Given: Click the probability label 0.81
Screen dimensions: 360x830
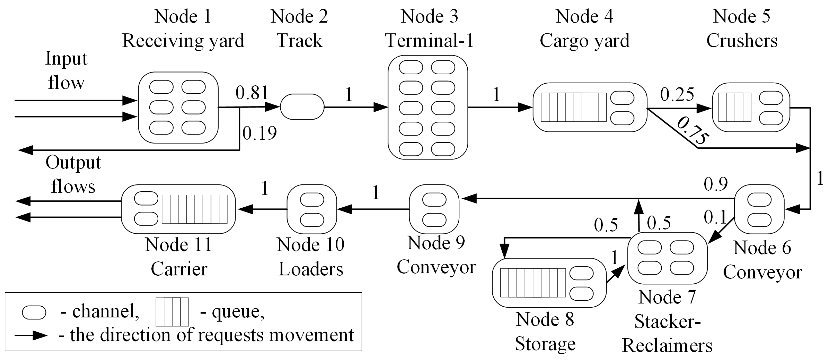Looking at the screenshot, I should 252,93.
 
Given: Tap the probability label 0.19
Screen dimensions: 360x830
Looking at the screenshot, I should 259,133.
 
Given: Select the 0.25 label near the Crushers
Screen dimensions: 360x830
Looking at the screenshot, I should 677,95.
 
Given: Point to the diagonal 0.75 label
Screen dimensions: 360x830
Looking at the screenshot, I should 693,130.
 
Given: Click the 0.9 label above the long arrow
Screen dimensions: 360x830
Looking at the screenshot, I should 716,184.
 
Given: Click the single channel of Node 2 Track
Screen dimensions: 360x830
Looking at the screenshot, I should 302,107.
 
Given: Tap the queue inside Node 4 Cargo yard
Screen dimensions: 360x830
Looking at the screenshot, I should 574,107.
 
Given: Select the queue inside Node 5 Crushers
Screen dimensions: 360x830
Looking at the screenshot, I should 735,107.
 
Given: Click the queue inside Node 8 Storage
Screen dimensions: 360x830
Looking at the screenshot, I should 533,282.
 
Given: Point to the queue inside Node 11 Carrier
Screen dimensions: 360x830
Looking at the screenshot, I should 194,209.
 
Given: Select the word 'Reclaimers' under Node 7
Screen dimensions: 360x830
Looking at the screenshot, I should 667,346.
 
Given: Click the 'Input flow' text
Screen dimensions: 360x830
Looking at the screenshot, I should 66,70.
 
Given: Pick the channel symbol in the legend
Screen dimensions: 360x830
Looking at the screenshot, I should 34,312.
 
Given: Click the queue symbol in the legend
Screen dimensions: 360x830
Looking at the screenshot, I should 172,312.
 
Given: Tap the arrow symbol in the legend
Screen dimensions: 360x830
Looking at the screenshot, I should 31,335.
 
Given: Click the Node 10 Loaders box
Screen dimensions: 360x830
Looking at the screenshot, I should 311,209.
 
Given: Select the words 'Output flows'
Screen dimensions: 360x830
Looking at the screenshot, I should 73,174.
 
